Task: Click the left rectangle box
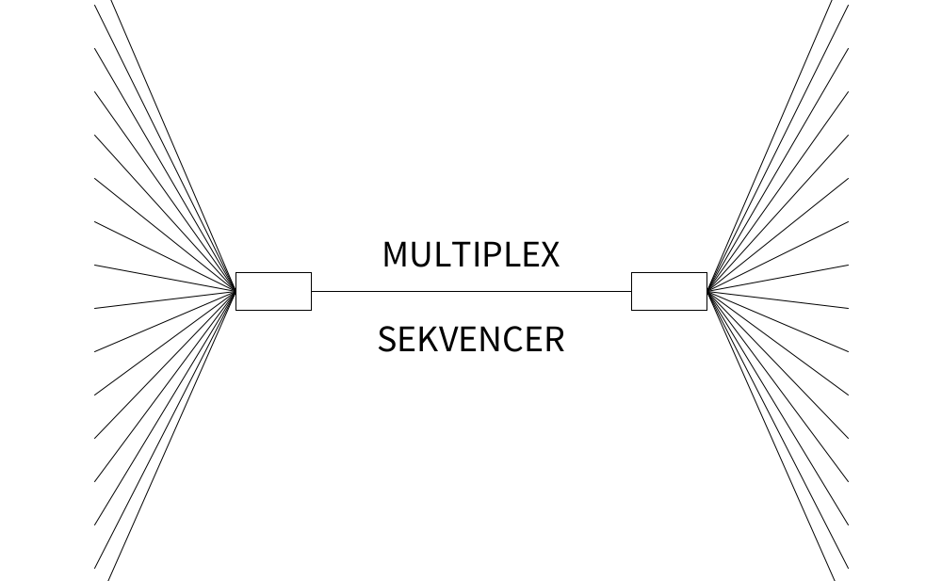tap(273, 291)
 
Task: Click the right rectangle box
tap(669, 291)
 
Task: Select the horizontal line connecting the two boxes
tap(471, 292)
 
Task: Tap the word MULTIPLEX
tap(471, 254)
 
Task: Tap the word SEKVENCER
tap(471, 339)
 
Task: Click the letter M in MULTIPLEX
tap(396, 254)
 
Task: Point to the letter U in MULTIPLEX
tap(421, 254)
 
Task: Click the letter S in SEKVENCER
tap(387, 339)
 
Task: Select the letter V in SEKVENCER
tap(449, 339)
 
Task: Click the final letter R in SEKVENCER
tap(554, 339)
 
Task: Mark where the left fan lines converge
tap(235, 291)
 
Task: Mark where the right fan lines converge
tap(706, 291)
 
